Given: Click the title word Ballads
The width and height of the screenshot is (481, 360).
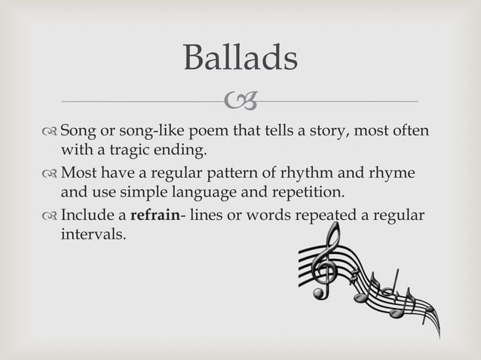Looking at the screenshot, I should (x=240, y=58).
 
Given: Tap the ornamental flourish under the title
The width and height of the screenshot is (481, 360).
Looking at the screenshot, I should (x=241, y=100).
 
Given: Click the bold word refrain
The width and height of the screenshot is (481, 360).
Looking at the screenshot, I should (x=155, y=216).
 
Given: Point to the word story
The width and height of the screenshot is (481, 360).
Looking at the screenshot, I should (x=320, y=132).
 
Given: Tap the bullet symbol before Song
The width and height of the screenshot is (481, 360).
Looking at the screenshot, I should (x=51, y=132).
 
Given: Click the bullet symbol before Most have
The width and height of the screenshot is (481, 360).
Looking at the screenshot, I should (x=51, y=174).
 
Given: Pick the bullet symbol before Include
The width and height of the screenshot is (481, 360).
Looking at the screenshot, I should (x=51, y=216).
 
